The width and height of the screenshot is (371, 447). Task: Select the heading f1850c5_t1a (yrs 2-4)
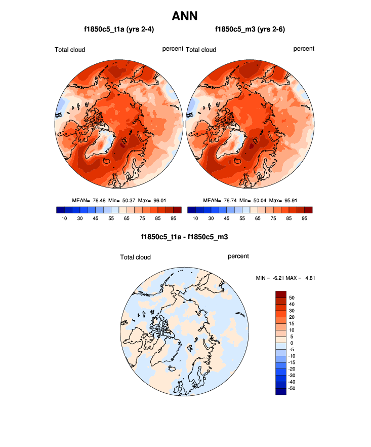click(x=119, y=29)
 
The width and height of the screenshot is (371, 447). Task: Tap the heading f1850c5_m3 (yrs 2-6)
click(x=250, y=29)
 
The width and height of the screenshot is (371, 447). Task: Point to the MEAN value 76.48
click(x=98, y=201)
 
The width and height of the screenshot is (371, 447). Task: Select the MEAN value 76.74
click(x=229, y=201)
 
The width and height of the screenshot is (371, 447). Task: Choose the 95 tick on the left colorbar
click(x=173, y=219)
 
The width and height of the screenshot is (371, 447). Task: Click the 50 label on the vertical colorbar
click(x=292, y=297)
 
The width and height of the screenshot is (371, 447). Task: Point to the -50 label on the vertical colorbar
click(x=293, y=388)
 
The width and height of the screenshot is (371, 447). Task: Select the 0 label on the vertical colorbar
click(x=290, y=343)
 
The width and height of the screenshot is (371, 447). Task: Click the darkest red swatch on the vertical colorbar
click(x=281, y=294)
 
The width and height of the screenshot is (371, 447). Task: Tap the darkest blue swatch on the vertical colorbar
click(x=281, y=391)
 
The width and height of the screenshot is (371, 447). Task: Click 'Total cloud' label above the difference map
click(x=135, y=257)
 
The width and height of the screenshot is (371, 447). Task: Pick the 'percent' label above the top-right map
click(x=304, y=49)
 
